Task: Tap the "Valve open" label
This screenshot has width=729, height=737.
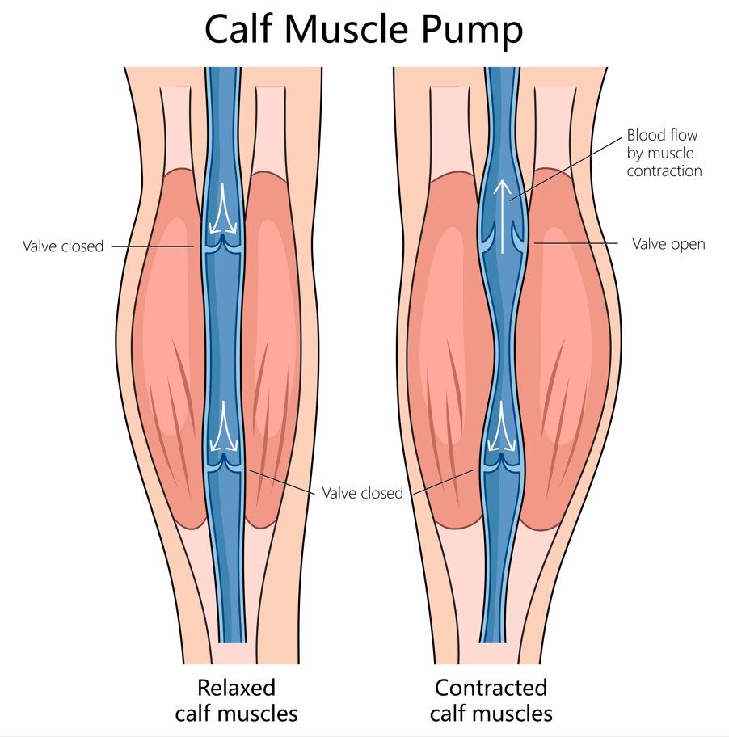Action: (668, 244)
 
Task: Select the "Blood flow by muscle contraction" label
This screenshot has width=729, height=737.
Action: (662, 154)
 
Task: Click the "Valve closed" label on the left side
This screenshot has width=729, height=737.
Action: (63, 246)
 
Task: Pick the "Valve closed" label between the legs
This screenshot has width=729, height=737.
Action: (362, 493)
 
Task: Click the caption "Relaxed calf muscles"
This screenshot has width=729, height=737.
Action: (237, 701)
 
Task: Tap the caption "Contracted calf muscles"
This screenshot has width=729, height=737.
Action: (491, 701)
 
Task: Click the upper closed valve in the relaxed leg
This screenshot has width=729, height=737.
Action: (225, 245)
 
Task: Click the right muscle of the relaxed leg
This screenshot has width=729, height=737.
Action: (279, 347)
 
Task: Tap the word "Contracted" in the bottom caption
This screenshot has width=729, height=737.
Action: (491, 688)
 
